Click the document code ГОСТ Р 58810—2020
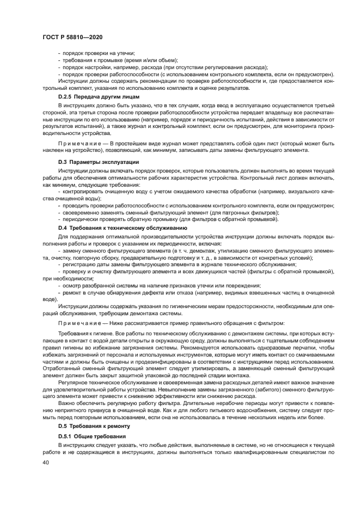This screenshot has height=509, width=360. (72, 37)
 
